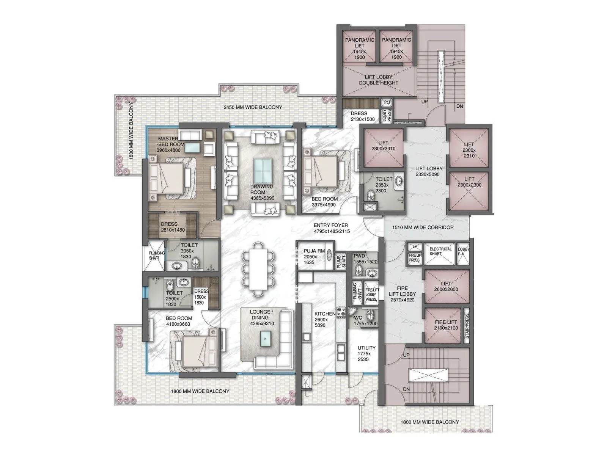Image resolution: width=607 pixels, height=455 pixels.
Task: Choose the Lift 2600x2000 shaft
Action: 446,286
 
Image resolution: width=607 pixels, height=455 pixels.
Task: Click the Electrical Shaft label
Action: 440,251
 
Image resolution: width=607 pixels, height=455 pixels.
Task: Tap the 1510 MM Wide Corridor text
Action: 423,227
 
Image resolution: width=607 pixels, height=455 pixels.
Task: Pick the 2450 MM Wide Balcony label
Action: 253,107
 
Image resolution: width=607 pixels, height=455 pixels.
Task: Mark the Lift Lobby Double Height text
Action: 378,80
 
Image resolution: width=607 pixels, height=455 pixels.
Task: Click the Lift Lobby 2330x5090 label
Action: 429,171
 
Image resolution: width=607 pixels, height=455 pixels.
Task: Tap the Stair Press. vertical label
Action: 467,326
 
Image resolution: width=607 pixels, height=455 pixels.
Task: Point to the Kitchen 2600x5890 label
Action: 324,319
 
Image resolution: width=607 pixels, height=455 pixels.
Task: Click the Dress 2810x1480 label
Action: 172,227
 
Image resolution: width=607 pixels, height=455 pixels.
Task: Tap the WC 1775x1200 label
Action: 365,321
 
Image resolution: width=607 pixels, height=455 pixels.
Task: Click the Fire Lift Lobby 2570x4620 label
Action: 402,294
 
